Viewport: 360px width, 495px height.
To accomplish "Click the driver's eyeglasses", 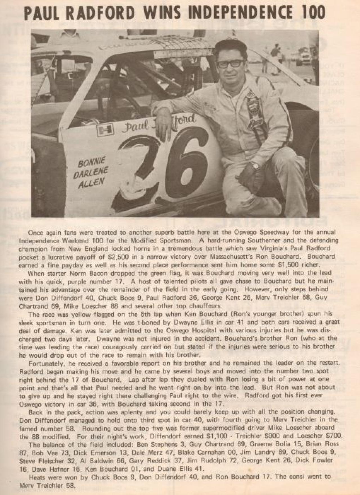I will tap(229, 63).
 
